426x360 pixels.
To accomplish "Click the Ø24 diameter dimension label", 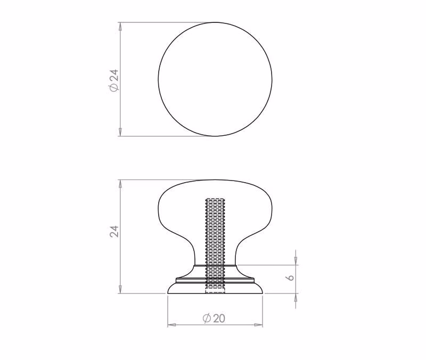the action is [114, 80].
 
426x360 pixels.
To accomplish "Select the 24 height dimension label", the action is [114, 232].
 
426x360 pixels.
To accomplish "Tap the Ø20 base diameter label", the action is [214, 318].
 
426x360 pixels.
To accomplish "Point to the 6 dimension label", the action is [290, 277].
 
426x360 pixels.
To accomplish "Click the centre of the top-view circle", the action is [215, 79].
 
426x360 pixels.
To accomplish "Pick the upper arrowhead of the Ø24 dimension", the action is [120, 26].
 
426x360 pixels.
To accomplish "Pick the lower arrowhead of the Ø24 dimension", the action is [120, 132].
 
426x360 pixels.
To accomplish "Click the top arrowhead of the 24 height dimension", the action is [120, 184].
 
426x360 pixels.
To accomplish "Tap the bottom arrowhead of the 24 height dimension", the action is [120, 289].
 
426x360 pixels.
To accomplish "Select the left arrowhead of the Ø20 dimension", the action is [172, 325].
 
